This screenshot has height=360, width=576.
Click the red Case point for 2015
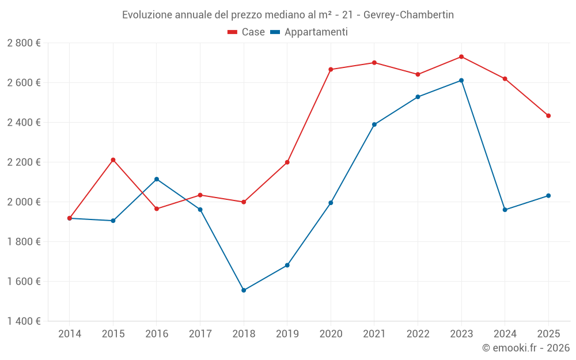click(x=113, y=160)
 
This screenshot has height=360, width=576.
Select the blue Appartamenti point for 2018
click(x=244, y=290)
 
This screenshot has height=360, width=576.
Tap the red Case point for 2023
click(x=461, y=56)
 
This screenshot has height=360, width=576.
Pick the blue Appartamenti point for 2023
click(x=461, y=81)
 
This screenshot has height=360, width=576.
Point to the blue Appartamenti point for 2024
click(x=505, y=210)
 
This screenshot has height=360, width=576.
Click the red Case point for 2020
click(x=331, y=70)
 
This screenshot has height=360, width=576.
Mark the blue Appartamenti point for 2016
click(x=157, y=179)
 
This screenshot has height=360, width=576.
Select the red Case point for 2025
click(x=548, y=116)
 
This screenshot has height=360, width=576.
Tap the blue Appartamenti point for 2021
click(x=374, y=124)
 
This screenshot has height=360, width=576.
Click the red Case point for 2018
click(x=244, y=202)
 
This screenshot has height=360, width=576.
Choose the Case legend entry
click(x=247, y=32)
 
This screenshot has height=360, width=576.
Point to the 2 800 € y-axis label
click(x=24, y=43)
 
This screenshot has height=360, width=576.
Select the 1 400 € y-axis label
click(x=24, y=321)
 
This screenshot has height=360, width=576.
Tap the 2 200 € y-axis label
click(x=24, y=162)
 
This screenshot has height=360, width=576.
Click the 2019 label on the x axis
click(x=287, y=334)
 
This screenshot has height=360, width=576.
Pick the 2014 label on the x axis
click(x=70, y=334)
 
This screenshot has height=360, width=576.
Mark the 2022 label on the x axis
click(x=418, y=334)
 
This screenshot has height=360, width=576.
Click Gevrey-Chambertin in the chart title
click(x=408, y=15)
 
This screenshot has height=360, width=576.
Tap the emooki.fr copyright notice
click(x=525, y=348)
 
